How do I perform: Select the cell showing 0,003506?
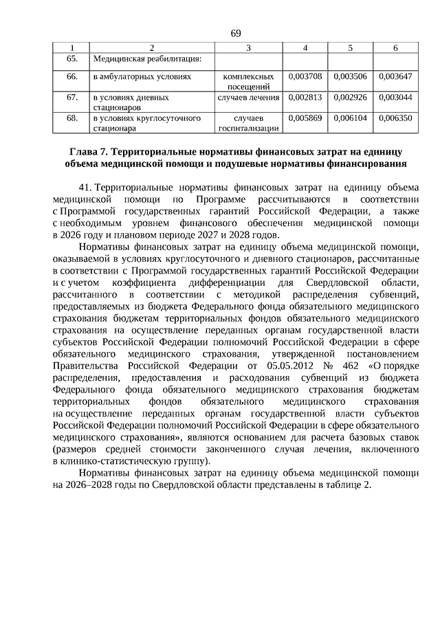tap(350, 78)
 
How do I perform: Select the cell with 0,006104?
tap(350, 118)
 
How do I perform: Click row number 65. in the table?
tap(71, 58)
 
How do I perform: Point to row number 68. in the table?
tap(71, 118)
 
